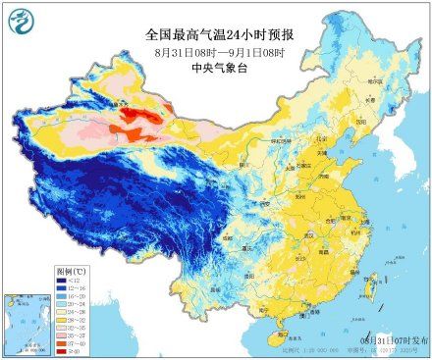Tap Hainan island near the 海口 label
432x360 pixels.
[280, 338]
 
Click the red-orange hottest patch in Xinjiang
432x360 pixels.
[137, 122]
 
